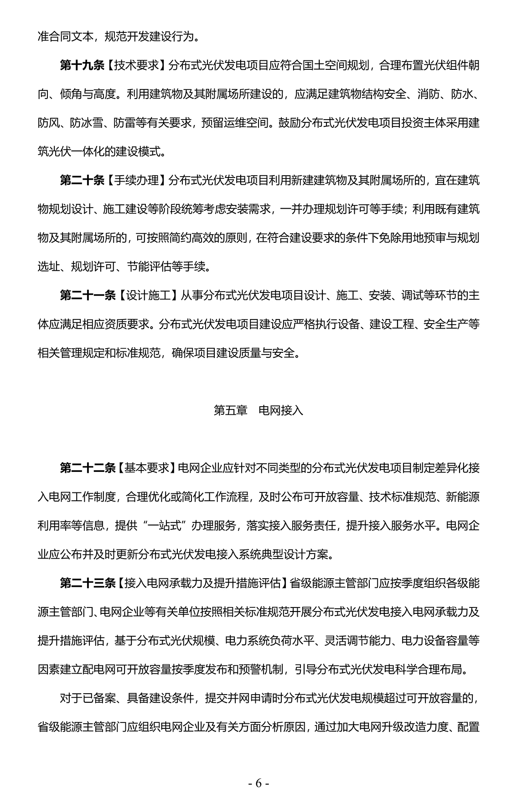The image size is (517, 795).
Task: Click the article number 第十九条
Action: (x=82, y=66)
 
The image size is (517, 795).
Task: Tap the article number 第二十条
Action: (x=82, y=181)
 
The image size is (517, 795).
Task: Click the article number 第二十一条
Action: (x=88, y=296)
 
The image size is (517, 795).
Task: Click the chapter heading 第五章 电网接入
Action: (x=258, y=410)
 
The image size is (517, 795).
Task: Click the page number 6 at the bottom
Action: (x=258, y=770)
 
